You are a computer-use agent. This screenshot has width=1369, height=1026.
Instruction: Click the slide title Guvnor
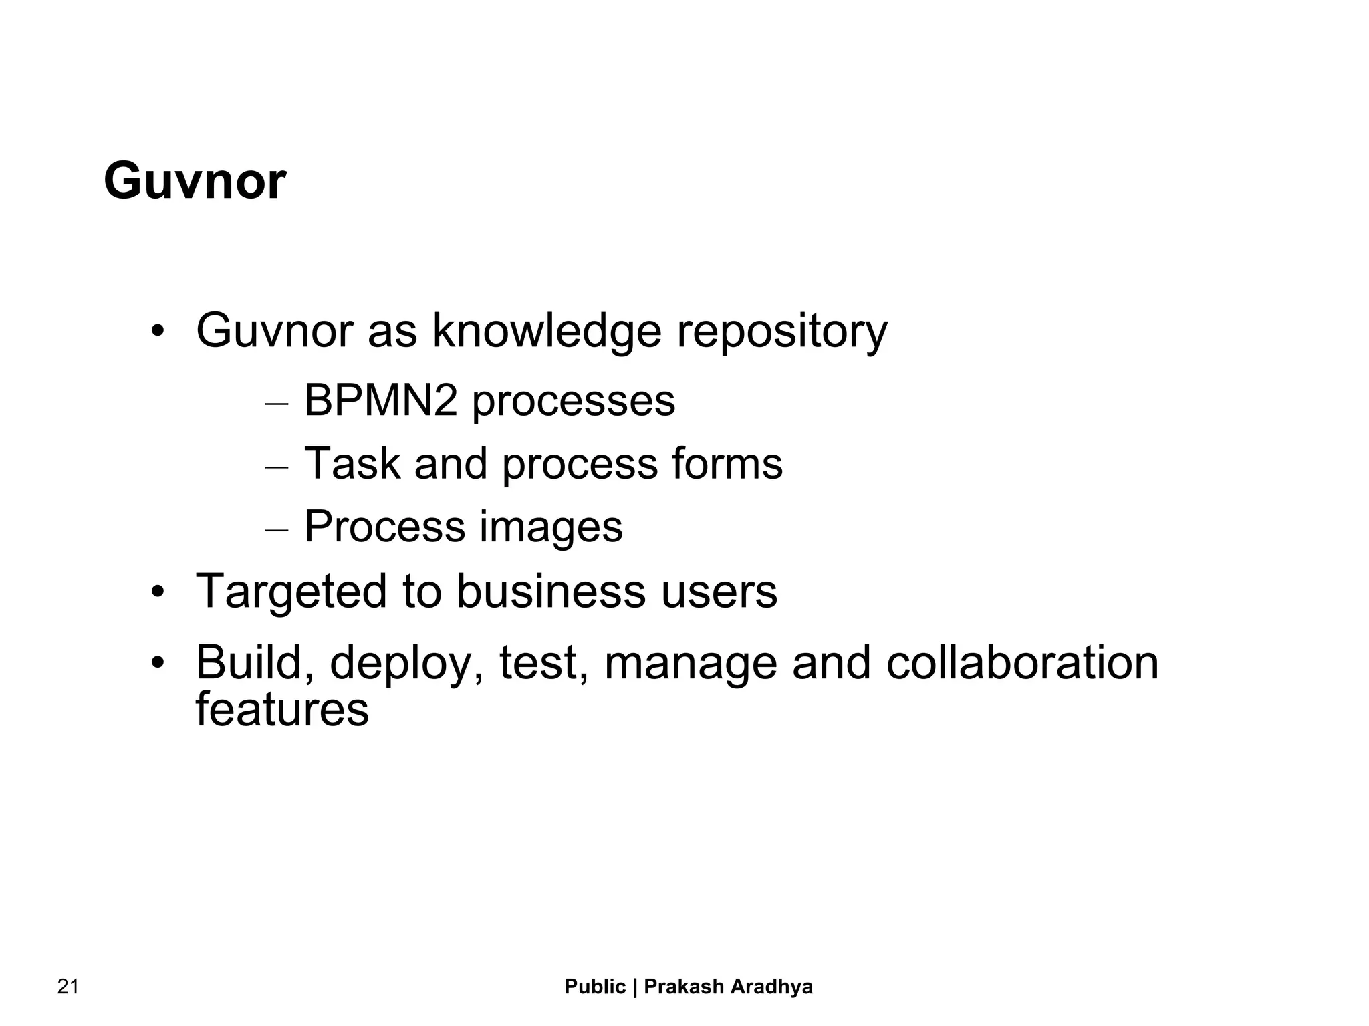195,182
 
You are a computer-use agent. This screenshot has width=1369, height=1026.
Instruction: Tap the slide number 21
68,987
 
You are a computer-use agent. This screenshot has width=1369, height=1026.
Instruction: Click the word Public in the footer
595,987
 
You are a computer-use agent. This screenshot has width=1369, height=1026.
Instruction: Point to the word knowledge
547,331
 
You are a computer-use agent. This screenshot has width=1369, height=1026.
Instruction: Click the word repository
782,331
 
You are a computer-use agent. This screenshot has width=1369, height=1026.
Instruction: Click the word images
551,527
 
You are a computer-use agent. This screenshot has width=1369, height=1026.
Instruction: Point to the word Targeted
291,592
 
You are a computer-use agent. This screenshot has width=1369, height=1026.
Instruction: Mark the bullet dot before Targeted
157,592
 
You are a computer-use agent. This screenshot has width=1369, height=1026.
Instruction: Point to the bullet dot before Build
157,663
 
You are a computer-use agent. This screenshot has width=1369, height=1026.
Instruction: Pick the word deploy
406,664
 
